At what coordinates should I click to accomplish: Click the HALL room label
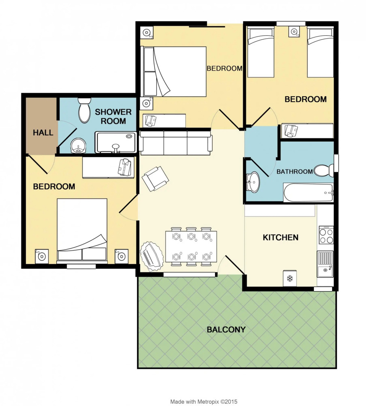[43, 133]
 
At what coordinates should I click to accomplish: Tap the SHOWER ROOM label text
[113, 117]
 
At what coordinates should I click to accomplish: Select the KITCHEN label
[280, 237]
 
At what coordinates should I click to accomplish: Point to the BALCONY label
[226, 330]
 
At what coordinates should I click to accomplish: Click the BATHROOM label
[294, 171]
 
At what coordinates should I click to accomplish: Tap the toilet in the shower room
[84, 110]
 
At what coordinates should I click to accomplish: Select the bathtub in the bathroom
[308, 193]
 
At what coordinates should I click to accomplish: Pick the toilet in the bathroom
[323, 171]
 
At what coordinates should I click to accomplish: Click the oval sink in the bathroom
[254, 182]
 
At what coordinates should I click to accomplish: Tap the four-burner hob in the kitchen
[325, 235]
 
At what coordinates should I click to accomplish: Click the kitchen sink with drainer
[325, 264]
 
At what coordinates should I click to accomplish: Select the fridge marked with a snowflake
[289, 278]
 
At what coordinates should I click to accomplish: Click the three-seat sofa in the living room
[176, 142]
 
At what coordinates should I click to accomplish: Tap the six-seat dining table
[191, 247]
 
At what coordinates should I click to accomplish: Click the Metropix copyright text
[203, 401]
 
